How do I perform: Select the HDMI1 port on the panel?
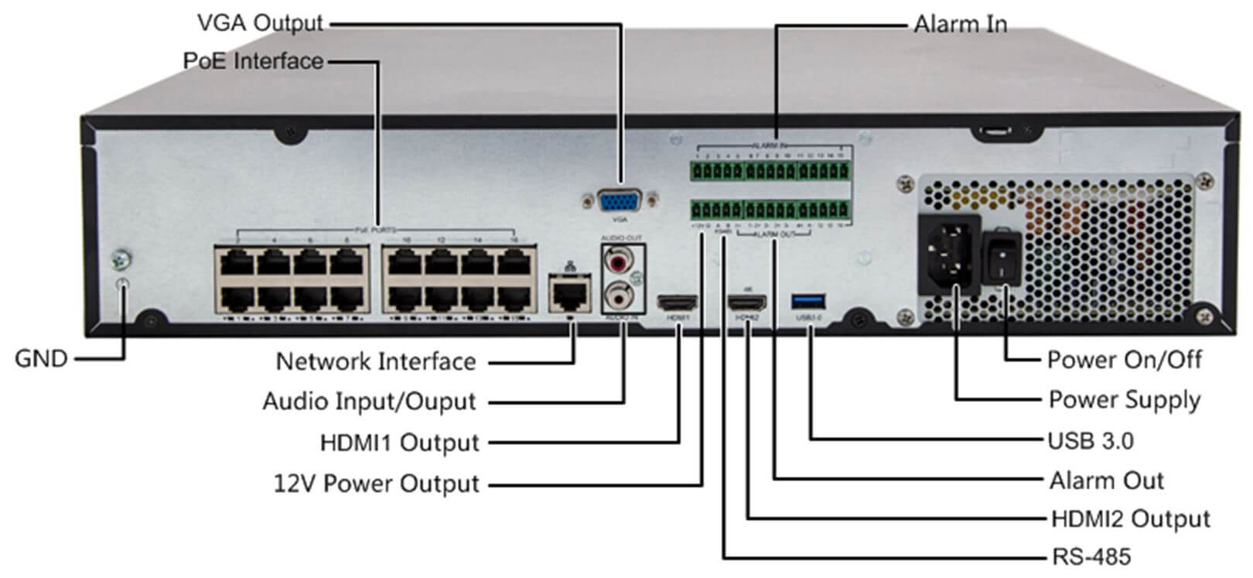[677, 302]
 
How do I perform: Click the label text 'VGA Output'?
[260, 23]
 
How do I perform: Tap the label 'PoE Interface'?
[254, 60]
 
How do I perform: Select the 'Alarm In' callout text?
[960, 25]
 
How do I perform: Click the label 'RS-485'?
[1091, 556]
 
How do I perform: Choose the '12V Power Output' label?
[377, 484]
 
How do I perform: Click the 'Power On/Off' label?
[1124, 360]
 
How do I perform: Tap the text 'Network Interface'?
[376, 361]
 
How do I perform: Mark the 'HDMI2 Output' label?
[1130, 518]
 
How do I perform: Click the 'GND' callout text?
[41, 359]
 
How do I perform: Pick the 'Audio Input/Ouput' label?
[369, 402]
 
